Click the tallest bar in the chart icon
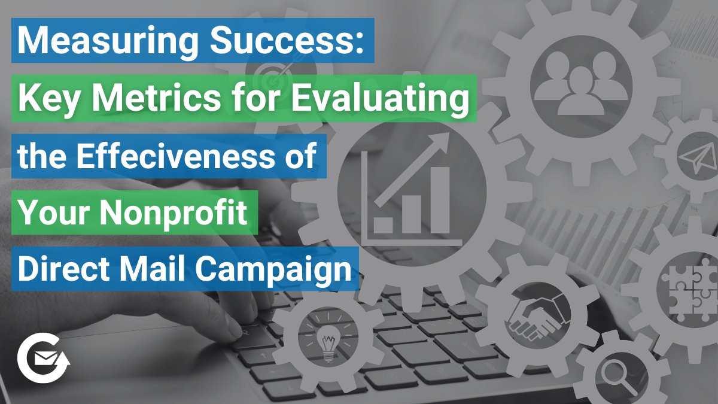[439, 199]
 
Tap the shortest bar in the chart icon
[383, 224]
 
